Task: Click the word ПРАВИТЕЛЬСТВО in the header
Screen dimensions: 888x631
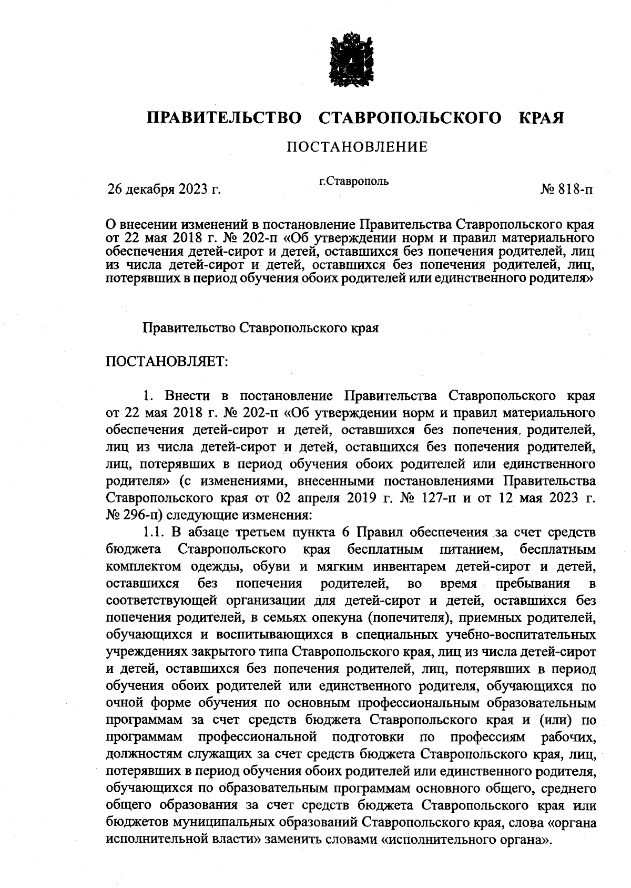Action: tap(225, 117)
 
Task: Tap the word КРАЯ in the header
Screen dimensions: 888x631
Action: tap(542, 117)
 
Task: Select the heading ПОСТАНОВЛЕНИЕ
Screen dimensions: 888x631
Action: tap(357, 147)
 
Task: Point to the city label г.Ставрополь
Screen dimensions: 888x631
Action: tap(354, 182)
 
